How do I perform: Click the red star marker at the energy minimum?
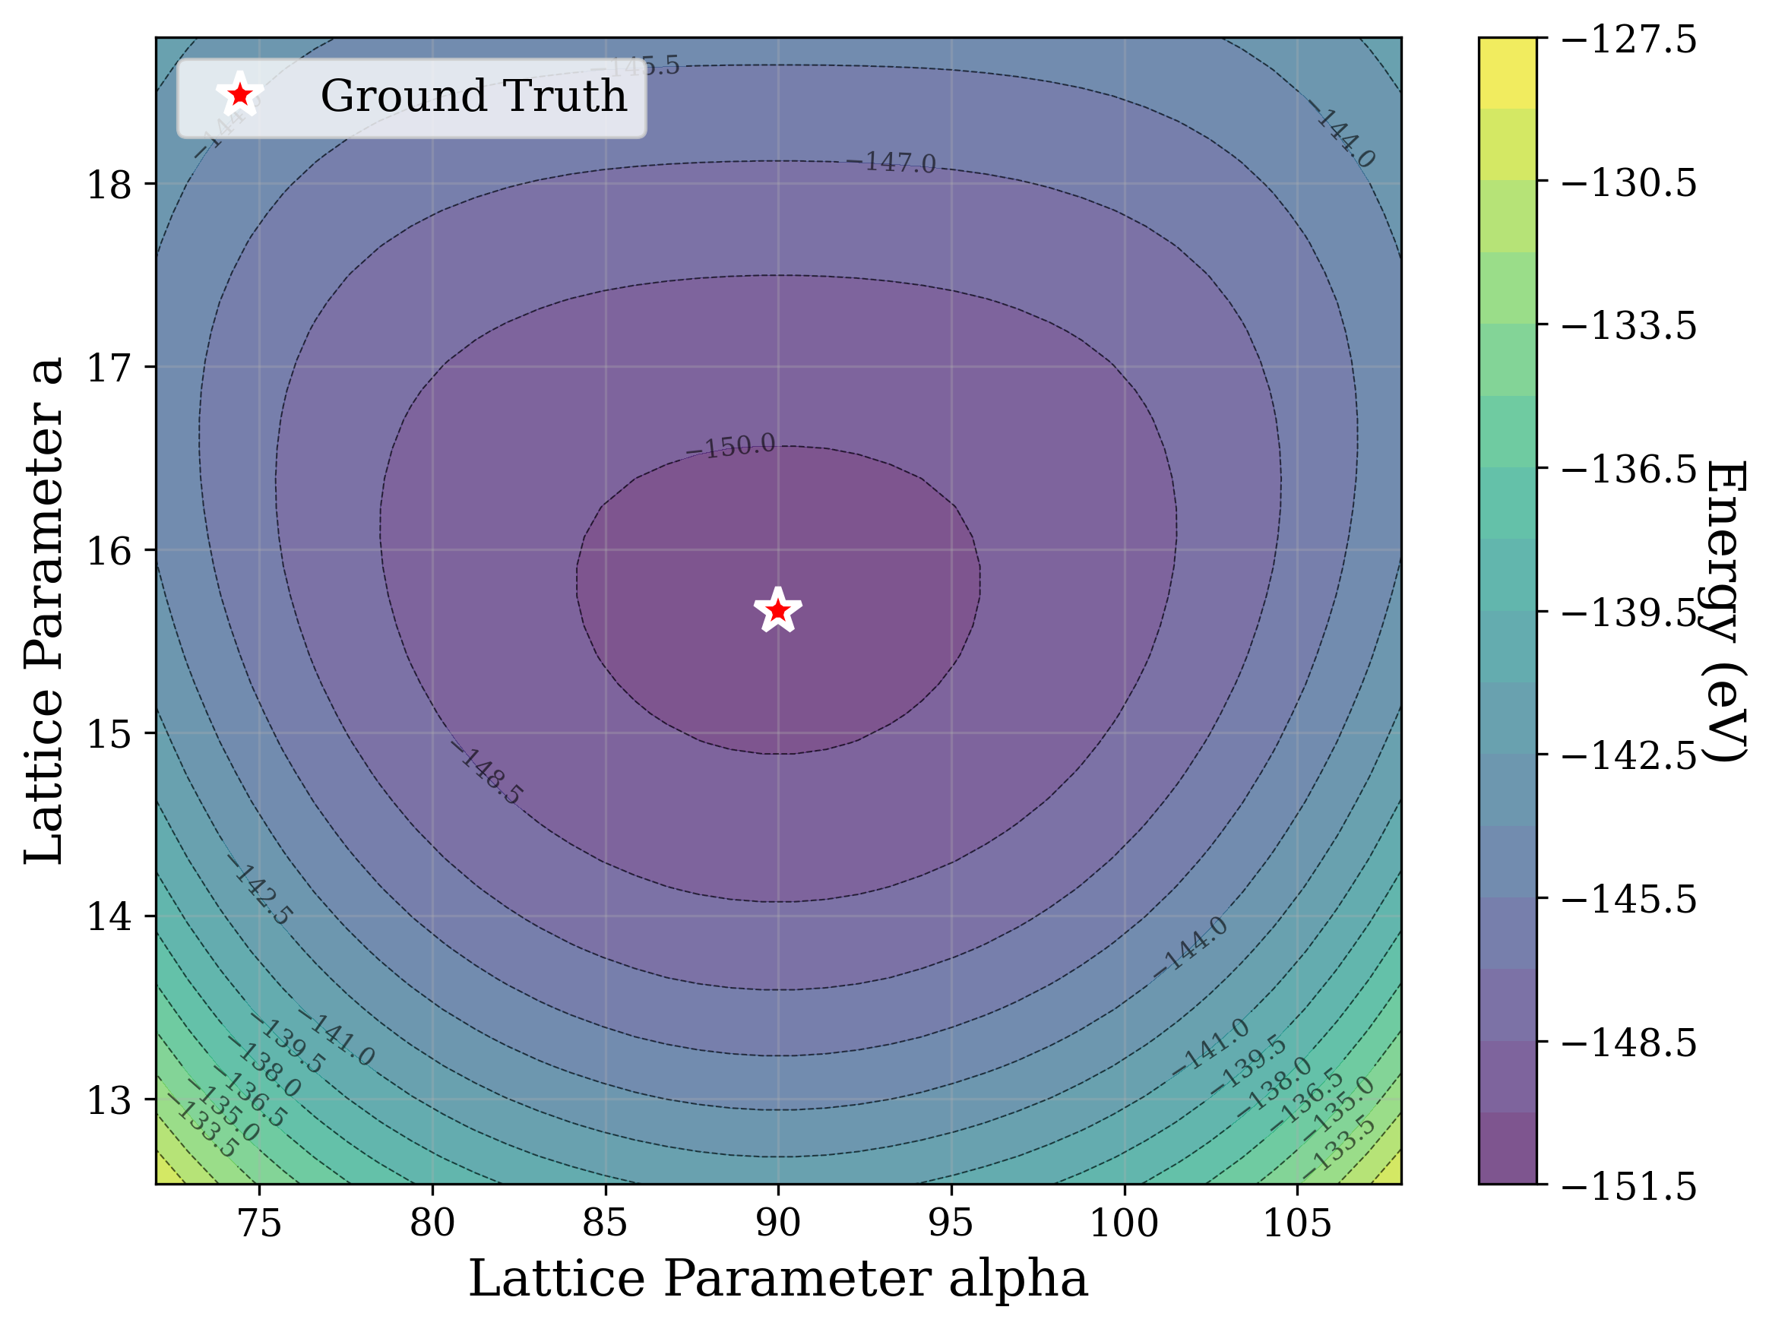tap(777, 611)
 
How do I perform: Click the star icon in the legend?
tap(239, 96)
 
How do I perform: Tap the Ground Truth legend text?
tap(473, 96)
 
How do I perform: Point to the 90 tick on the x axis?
tap(777, 1223)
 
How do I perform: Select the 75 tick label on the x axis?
tap(260, 1223)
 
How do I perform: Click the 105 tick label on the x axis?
tap(1296, 1223)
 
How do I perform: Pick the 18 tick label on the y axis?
tap(109, 185)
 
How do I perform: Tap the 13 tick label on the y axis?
tap(109, 1100)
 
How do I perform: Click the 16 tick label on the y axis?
tap(109, 551)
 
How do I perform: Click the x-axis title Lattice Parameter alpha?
tap(777, 1279)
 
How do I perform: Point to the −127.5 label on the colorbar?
tap(1628, 40)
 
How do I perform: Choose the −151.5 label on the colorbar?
tap(1628, 1186)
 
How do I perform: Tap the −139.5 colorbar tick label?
tap(1628, 613)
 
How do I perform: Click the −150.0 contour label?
tap(730, 447)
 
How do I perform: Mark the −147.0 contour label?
tap(891, 163)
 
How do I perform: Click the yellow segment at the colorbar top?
tap(1507, 72)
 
